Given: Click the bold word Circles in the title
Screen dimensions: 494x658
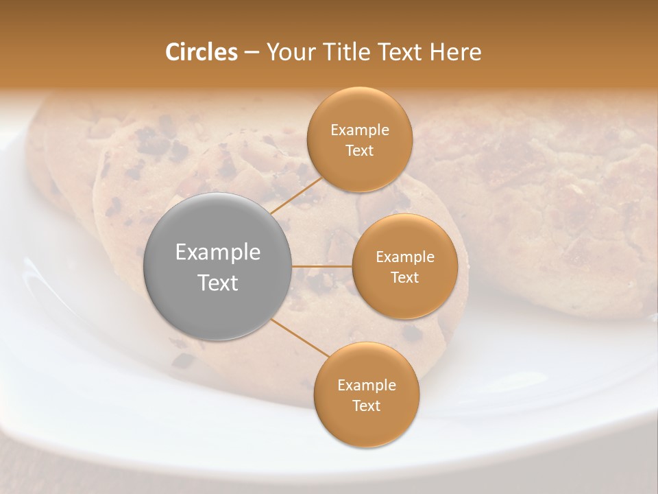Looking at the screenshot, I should (201, 52).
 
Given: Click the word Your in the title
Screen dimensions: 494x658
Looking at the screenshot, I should (291, 52).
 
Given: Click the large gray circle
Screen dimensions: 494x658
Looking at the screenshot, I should (218, 266).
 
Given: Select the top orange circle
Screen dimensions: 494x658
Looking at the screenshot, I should (359, 139).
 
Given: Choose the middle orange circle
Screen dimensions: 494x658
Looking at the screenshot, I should (404, 266).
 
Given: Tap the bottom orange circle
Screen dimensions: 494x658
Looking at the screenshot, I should (366, 395).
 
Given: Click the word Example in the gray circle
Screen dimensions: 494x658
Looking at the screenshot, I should (218, 252).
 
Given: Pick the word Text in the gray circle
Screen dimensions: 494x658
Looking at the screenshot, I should (218, 283).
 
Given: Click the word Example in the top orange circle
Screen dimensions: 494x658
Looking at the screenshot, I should (359, 130).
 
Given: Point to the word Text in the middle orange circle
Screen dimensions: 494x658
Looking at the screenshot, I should (404, 277).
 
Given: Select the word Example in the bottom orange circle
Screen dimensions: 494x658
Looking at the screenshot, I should (366, 385).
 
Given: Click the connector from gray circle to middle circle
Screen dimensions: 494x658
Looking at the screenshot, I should (322, 266).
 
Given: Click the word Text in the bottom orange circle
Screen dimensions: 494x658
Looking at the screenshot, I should (366, 405).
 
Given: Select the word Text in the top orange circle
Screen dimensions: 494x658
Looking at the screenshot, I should (359, 150).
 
